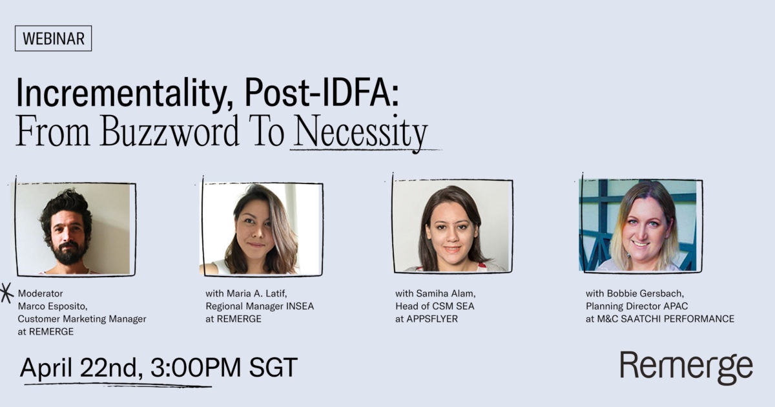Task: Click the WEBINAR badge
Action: coord(53,39)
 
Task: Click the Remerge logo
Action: coord(686,368)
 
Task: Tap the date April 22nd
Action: coord(81,368)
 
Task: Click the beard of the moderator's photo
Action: coord(68,253)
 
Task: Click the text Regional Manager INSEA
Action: coord(260,306)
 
